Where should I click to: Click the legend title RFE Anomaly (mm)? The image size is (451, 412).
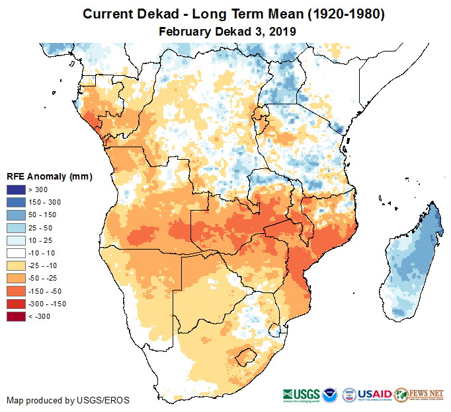click(x=49, y=176)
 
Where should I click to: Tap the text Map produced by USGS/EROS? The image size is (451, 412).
click(x=68, y=400)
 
